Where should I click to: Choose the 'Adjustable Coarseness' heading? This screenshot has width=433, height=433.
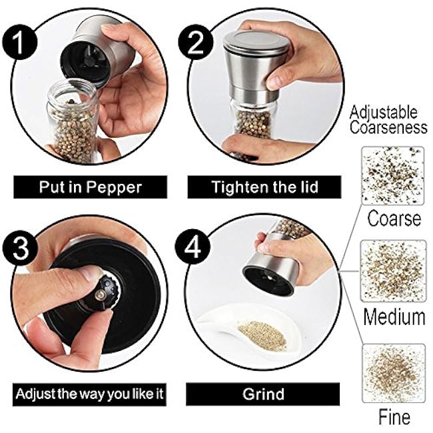coord(388,120)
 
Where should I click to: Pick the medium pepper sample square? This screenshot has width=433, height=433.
coord(393,270)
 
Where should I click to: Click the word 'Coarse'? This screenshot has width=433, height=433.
coord(394,218)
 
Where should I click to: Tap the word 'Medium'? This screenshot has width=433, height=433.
coord(394,316)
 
